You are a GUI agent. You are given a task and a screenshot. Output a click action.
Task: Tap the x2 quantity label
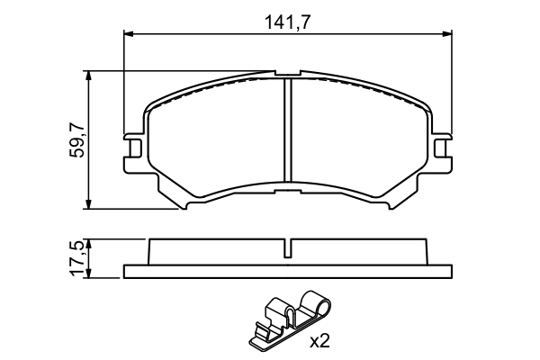click(x=321, y=341)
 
